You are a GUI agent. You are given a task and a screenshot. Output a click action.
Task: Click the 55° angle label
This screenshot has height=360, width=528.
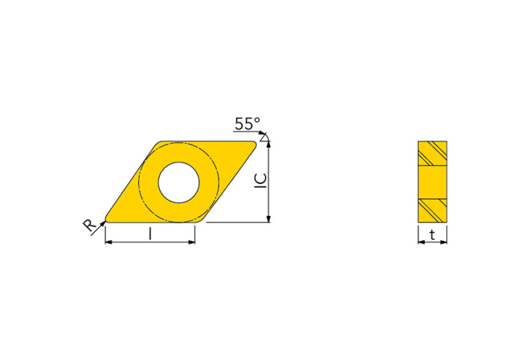(248, 124)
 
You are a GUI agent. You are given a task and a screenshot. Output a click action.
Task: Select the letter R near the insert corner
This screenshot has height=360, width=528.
(89, 224)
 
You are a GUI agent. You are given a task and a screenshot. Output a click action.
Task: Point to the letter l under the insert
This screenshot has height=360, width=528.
(150, 235)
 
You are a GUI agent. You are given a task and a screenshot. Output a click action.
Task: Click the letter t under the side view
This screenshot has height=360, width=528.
(432, 235)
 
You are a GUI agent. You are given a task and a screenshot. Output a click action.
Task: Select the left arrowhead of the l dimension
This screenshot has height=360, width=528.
(109, 243)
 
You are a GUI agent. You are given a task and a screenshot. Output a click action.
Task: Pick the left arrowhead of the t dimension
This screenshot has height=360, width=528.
(421, 242)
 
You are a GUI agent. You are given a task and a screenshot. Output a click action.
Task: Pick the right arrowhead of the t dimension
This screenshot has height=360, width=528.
(444, 242)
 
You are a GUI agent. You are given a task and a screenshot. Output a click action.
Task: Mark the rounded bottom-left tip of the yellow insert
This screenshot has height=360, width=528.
(108, 220)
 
